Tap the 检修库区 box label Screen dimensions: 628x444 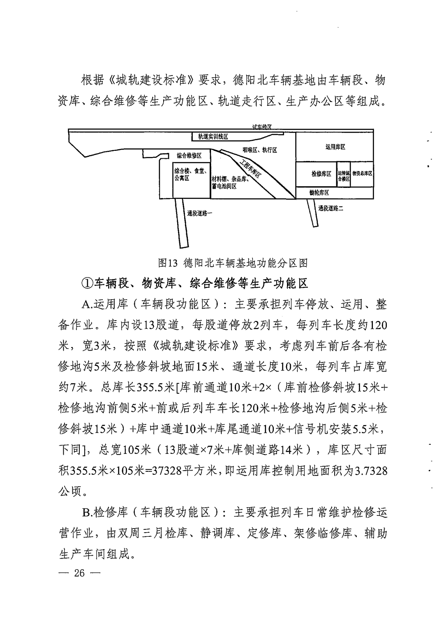point(321,174)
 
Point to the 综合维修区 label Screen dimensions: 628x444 point(189,155)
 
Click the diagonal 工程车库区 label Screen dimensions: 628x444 point(252,169)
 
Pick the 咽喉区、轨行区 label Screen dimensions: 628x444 point(259,150)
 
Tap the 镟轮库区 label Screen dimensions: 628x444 point(319,193)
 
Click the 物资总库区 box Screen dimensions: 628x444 point(362,174)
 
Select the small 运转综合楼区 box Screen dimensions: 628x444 point(344,176)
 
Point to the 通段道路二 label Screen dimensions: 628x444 point(331,208)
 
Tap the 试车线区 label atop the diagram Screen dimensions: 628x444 point(262,128)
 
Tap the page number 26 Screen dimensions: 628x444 point(79,573)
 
